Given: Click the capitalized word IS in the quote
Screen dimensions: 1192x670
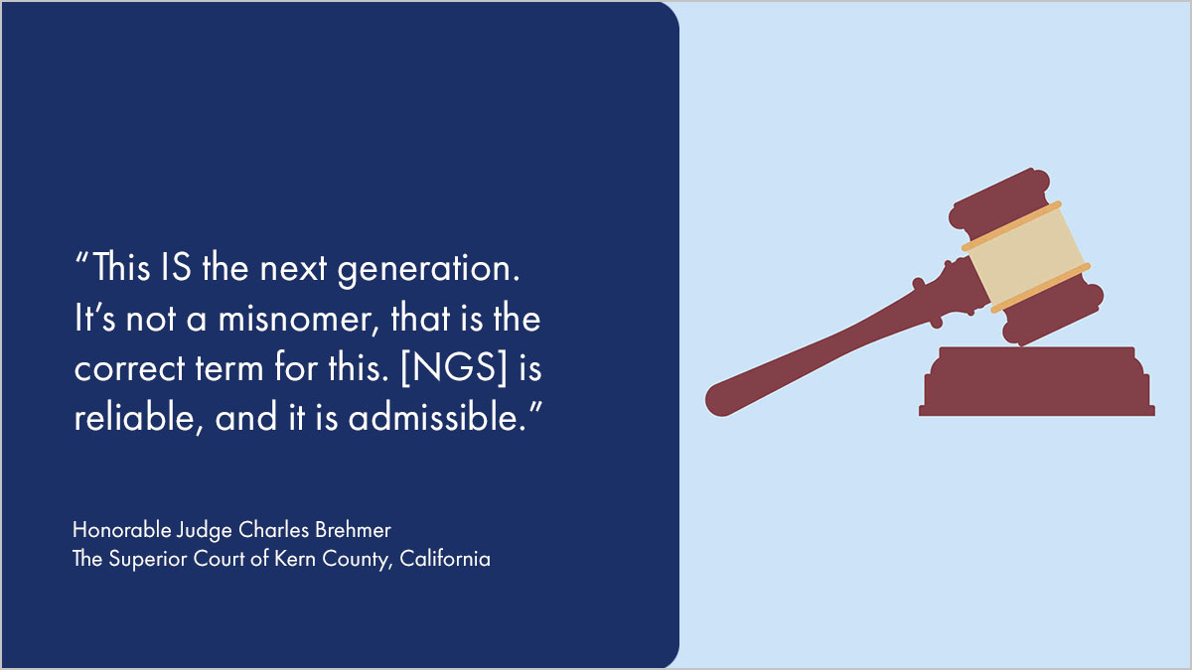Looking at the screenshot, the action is (x=175, y=266).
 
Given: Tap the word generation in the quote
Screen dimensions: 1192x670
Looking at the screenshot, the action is (x=428, y=271).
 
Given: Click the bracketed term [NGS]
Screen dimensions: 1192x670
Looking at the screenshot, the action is (x=454, y=367).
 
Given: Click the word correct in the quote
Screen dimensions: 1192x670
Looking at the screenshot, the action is (x=129, y=369).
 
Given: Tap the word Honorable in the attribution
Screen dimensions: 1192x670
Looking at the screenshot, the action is (x=122, y=530).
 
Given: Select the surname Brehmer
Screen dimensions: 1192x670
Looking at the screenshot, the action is (x=353, y=530).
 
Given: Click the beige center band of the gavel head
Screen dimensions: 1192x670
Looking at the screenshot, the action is (x=1026, y=257).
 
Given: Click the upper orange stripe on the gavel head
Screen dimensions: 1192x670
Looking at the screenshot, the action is (x=1011, y=226).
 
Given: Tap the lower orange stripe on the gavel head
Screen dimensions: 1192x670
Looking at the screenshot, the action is (x=1040, y=288).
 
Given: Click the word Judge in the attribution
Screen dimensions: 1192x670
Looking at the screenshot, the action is (x=204, y=531).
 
